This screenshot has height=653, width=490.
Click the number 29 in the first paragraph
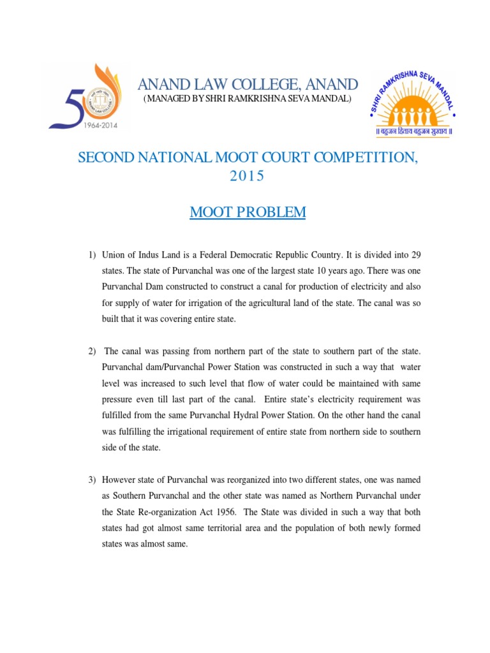[415, 255]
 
